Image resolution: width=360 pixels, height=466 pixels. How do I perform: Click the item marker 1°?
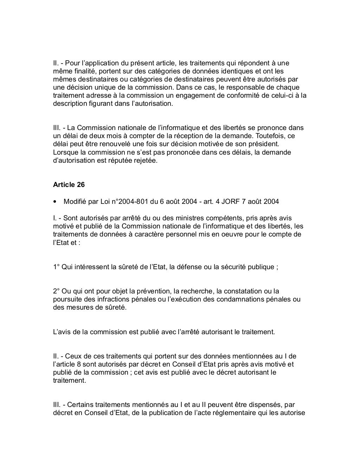point(56,267)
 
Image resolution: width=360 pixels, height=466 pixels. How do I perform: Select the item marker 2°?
point(56,291)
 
